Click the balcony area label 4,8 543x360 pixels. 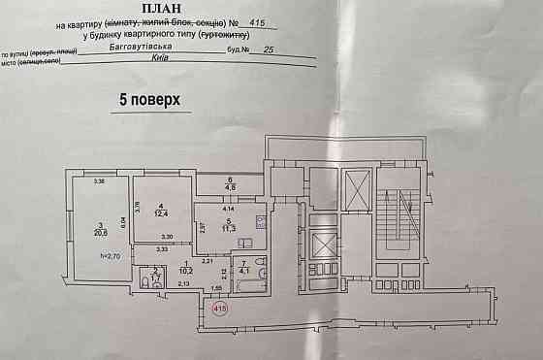click(x=230, y=188)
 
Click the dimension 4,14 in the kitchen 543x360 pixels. click(x=229, y=210)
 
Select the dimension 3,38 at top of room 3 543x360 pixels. click(x=98, y=181)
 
